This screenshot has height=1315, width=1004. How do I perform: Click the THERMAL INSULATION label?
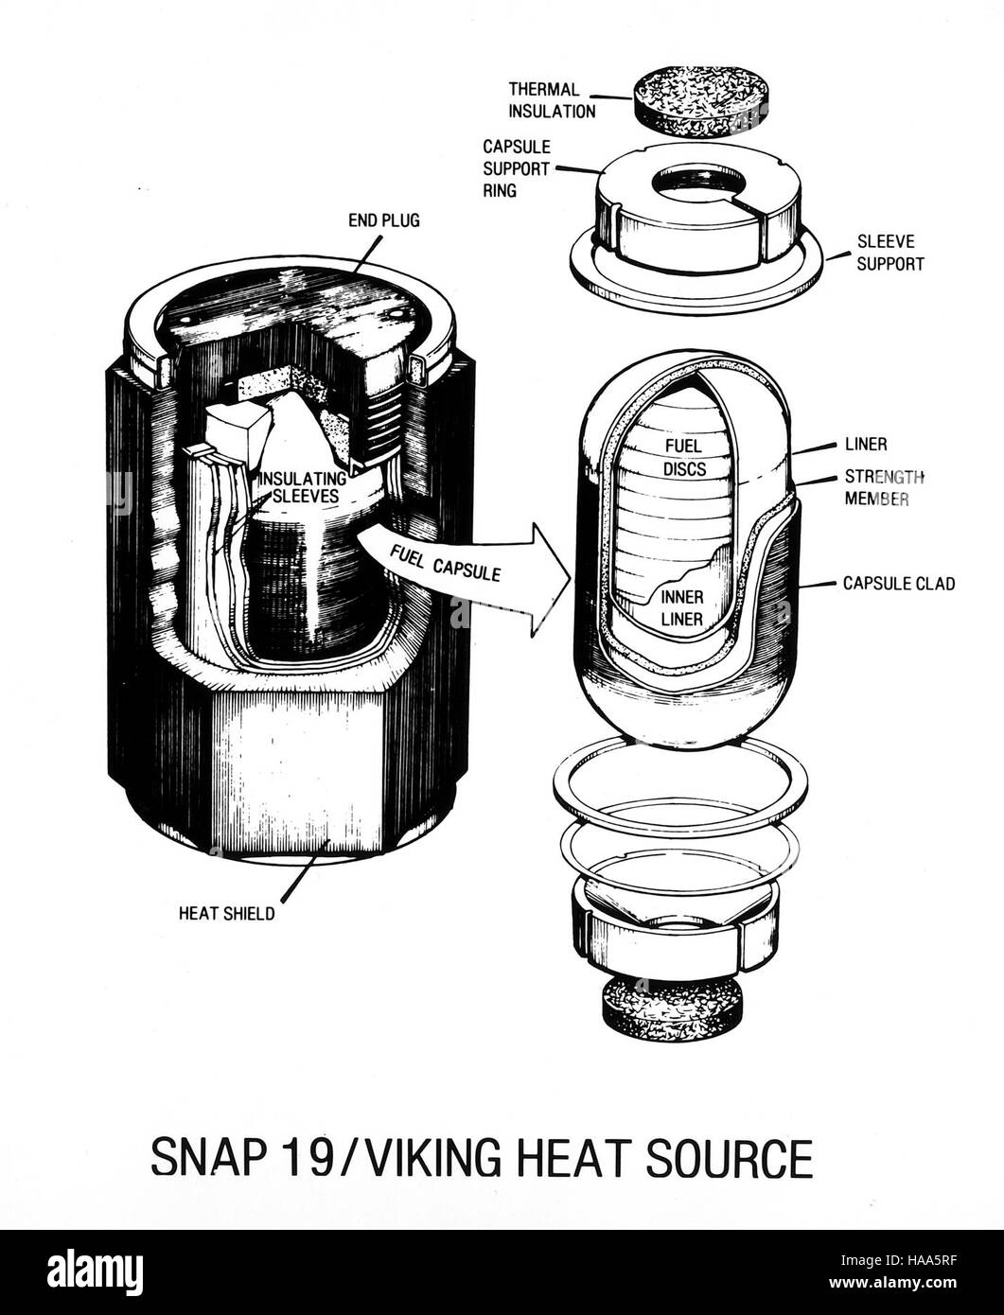(552, 100)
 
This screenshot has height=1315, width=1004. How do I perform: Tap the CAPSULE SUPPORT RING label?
(517, 169)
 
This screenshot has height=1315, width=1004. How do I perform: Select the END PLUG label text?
(384, 221)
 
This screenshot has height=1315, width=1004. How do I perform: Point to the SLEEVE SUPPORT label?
(890, 253)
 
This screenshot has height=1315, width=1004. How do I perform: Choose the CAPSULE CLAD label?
(899, 584)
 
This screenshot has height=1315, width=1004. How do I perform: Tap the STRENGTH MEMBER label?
(884, 487)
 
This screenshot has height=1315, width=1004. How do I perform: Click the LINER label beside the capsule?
(866, 445)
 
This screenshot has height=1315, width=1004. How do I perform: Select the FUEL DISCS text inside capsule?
(684, 457)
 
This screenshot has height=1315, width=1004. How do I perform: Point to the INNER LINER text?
(681, 607)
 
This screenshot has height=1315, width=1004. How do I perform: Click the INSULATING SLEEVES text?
(303, 487)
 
